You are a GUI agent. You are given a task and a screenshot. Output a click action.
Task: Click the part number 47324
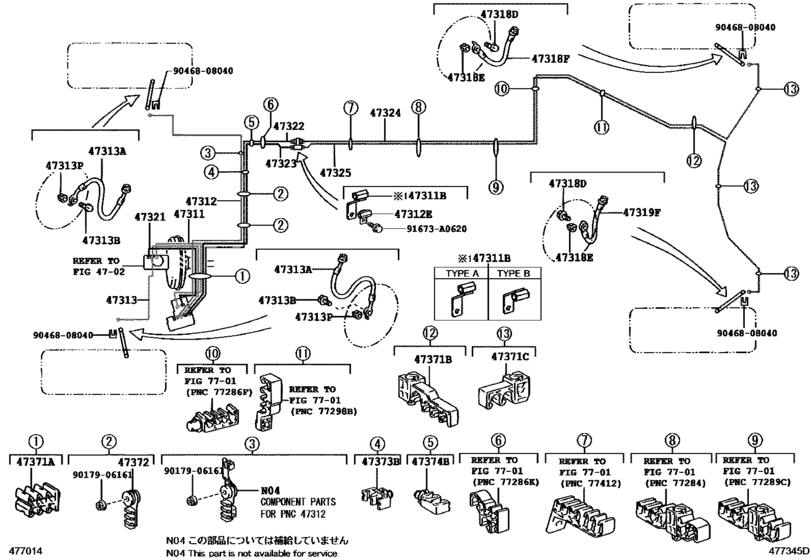[x=386, y=113]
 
